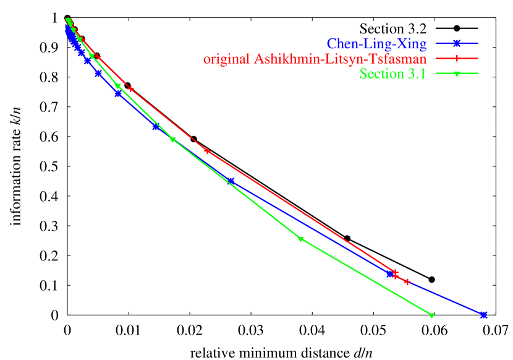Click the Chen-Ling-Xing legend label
(376, 44)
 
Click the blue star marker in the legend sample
(457, 43)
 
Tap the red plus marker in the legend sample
(457, 59)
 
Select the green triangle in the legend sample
(457, 74)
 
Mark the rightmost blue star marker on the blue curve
(484, 315)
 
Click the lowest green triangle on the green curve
(431, 315)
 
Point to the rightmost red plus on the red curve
(408, 282)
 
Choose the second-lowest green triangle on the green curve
(300, 239)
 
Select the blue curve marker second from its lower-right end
(390, 274)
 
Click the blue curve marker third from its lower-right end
(230, 181)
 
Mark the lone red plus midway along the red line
(207, 151)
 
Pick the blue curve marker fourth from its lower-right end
(155, 127)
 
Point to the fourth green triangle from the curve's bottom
(117, 87)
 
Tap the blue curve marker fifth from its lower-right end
(118, 94)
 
